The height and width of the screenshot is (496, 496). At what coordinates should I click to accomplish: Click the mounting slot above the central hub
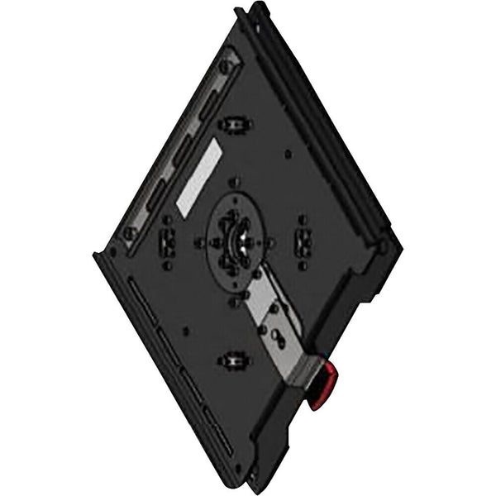(235, 125)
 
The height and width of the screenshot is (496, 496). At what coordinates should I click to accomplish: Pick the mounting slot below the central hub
(234, 360)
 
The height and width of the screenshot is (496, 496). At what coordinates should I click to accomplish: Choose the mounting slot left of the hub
(166, 241)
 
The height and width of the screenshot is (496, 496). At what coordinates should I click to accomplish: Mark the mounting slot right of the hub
(303, 241)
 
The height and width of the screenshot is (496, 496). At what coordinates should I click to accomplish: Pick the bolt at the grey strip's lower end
(130, 233)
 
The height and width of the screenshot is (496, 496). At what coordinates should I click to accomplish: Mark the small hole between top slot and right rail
(286, 154)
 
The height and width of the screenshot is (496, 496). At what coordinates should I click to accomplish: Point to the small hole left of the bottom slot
(185, 331)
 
